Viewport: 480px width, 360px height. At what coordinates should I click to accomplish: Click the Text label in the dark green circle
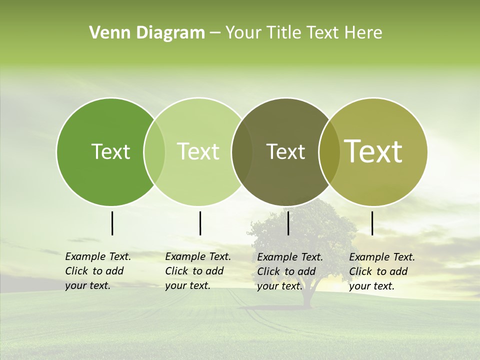click(x=110, y=151)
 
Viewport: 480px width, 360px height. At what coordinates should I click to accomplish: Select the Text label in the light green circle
click(x=198, y=151)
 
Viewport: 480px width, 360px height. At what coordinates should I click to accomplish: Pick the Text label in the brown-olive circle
click(x=285, y=151)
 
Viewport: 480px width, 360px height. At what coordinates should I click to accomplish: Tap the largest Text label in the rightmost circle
click(x=373, y=151)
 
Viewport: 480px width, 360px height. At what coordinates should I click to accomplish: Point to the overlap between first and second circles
click(x=154, y=151)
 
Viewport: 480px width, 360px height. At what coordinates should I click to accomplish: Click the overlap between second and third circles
click(x=242, y=151)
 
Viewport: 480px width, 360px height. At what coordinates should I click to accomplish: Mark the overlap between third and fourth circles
click(x=329, y=151)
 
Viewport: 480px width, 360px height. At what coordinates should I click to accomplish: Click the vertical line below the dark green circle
click(x=112, y=223)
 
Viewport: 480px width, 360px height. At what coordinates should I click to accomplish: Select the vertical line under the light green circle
click(x=200, y=223)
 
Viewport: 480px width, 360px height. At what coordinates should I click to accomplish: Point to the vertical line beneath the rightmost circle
click(x=372, y=223)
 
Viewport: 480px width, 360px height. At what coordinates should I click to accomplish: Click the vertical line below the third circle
click(x=288, y=223)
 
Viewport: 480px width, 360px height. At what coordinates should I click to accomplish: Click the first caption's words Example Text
click(x=98, y=256)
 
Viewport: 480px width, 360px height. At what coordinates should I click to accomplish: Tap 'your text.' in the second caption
click(x=187, y=285)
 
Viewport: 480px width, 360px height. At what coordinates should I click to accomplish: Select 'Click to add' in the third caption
click(x=286, y=271)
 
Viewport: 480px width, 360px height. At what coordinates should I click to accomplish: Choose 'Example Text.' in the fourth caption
click(x=382, y=257)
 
